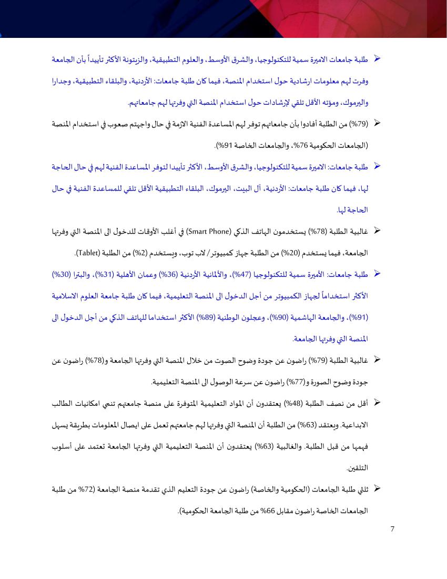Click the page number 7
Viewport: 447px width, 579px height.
click(392, 528)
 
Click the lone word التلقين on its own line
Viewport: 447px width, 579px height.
click(358, 468)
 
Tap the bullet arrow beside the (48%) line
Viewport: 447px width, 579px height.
click(377, 403)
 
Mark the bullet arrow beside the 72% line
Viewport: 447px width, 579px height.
click(377, 489)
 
